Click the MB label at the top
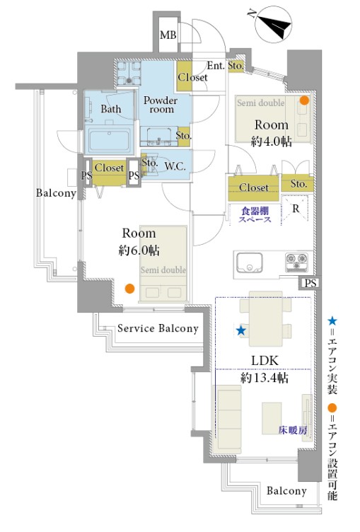point(168,35)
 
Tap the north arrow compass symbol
point(274,26)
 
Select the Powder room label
point(161,105)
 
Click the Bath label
point(111,109)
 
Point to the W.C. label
point(175,166)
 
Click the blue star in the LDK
point(241,330)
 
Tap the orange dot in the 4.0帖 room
point(304,100)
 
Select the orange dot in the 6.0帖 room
point(129,289)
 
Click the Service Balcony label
point(158,328)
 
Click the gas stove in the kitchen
point(297,262)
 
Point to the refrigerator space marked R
point(295,209)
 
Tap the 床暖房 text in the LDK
point(293,430)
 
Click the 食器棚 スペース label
point(255,215)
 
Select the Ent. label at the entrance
point(216,66)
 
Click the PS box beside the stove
point(310,283)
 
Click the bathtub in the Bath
point(109,140)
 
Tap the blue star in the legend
point(332,321)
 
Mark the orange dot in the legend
point(332,407)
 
